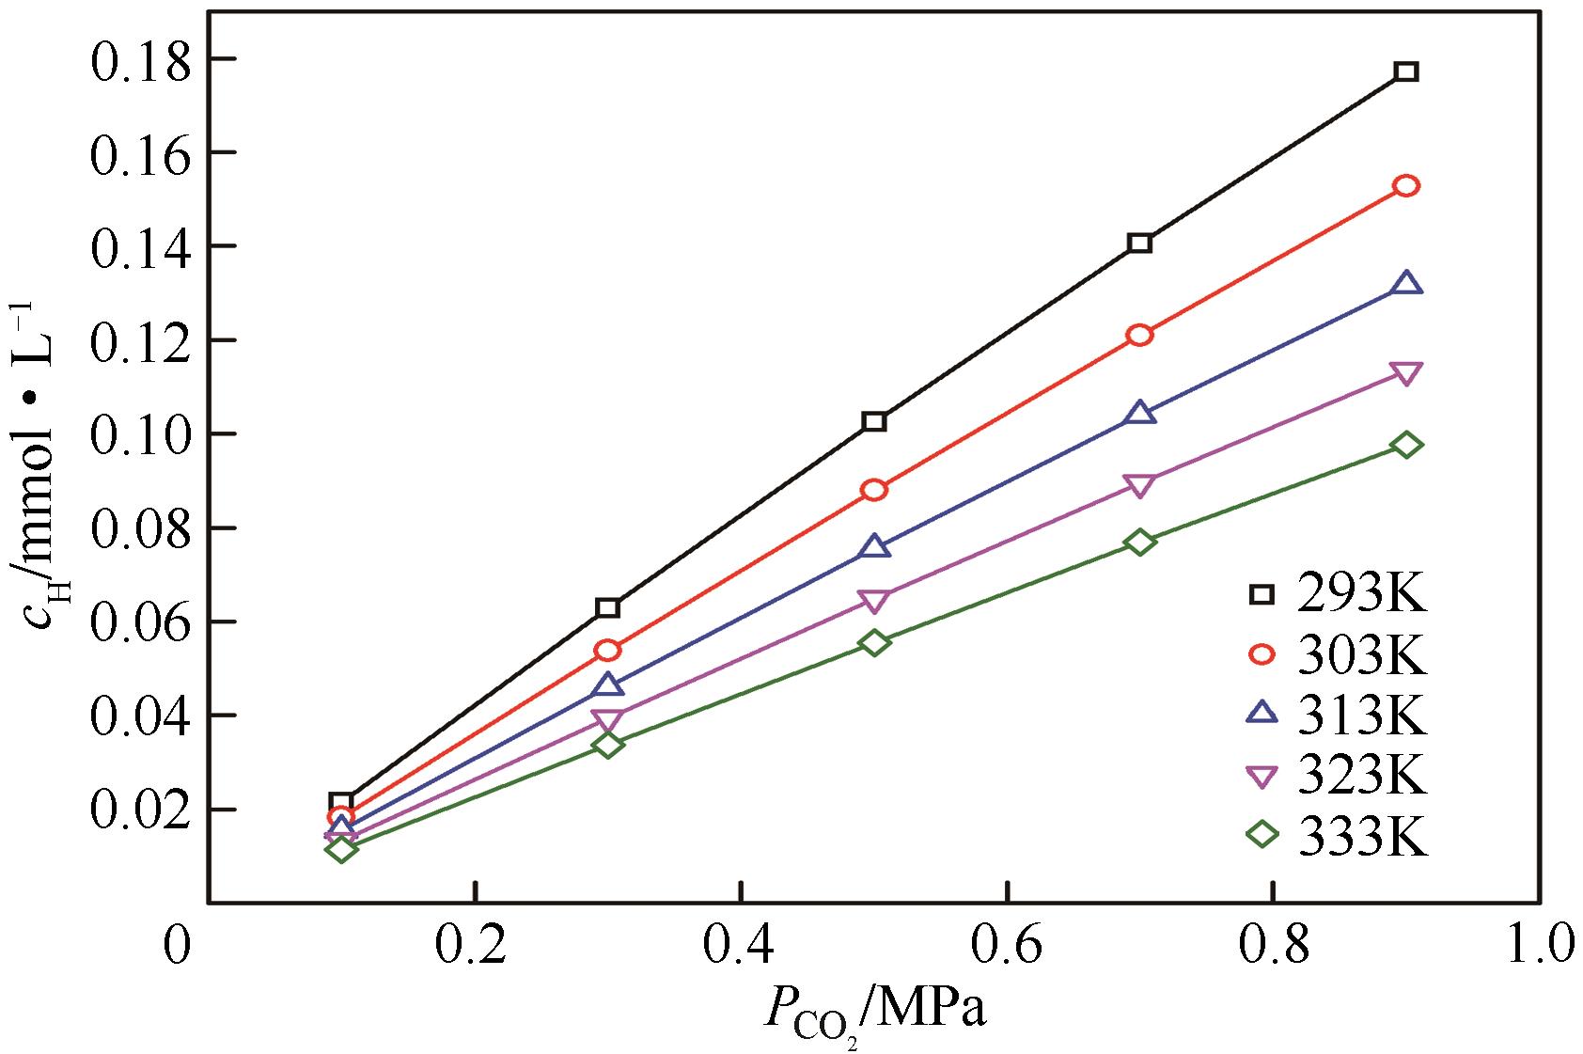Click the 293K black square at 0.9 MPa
tap(1406, 71)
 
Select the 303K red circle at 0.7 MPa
tap(1139, 335)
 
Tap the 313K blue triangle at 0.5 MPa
tap(874, 547)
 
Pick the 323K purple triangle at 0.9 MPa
tap(1406, 373)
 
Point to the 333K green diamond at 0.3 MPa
tap(608, 745)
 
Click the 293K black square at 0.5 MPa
tap(874, 421)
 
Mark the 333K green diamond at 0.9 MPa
tap(1406, 445)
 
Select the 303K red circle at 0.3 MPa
tap(608, 650)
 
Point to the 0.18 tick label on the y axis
tap(135, 59)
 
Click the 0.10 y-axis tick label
tap(135, 434)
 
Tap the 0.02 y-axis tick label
tap(135, 810)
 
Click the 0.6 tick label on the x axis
tap(1008, 948)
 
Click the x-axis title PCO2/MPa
tap(874, 1015)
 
